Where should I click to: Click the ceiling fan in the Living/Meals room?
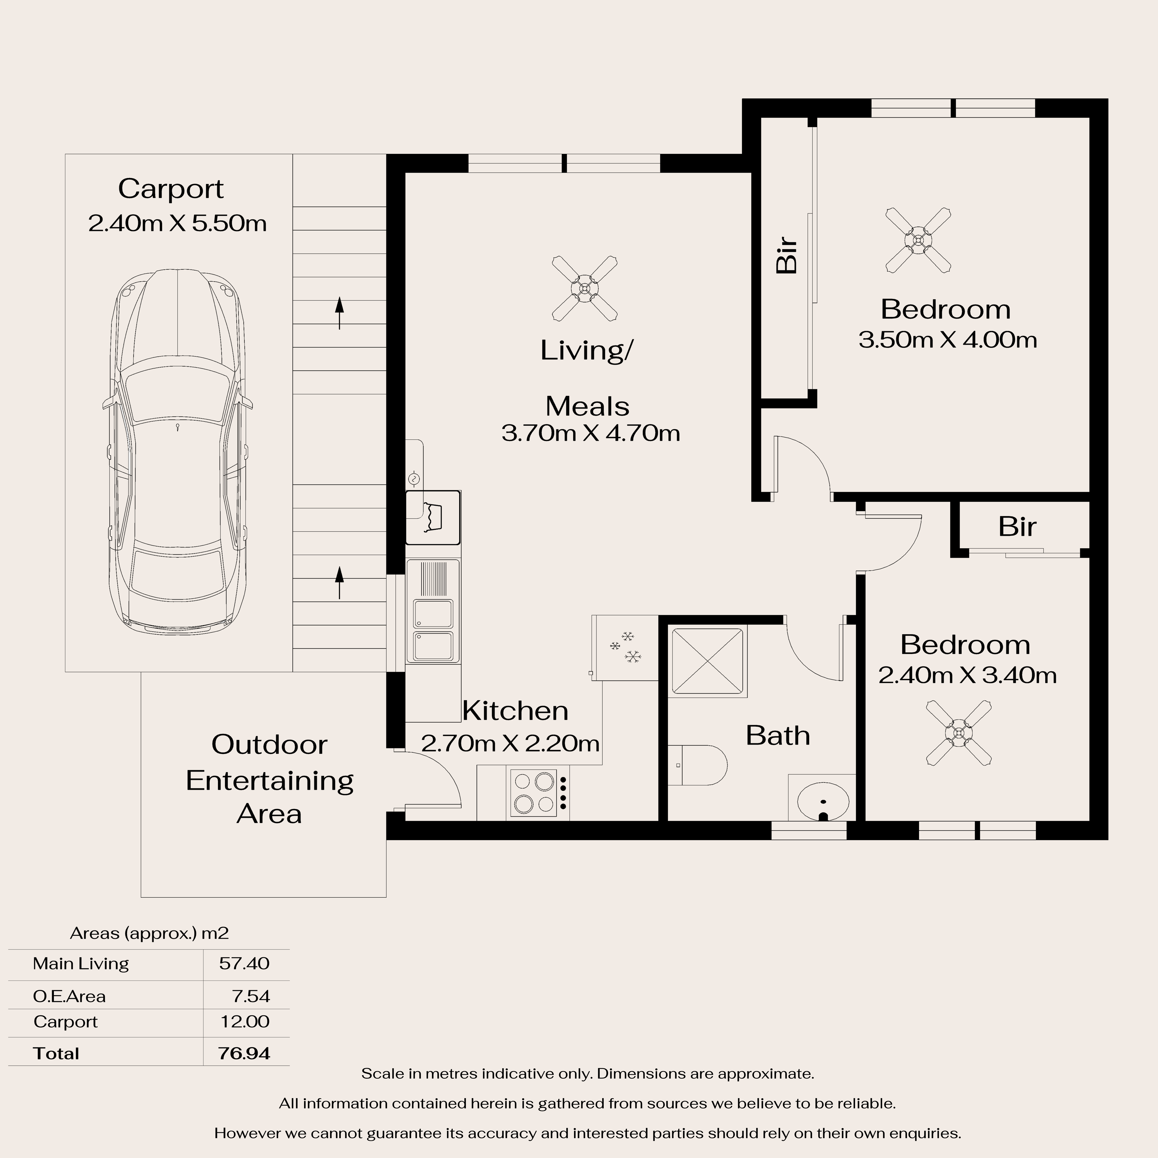pyautogui.click(x=584, y=288)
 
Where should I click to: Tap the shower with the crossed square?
pyautogui.click(x=708, y=662)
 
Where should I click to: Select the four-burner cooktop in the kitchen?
pyautogui.click(x=538, y=793)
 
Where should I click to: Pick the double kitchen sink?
pyautogui.click(x=433, y=629)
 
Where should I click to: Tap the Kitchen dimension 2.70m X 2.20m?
pyautogui.click(x=510, y=743)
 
